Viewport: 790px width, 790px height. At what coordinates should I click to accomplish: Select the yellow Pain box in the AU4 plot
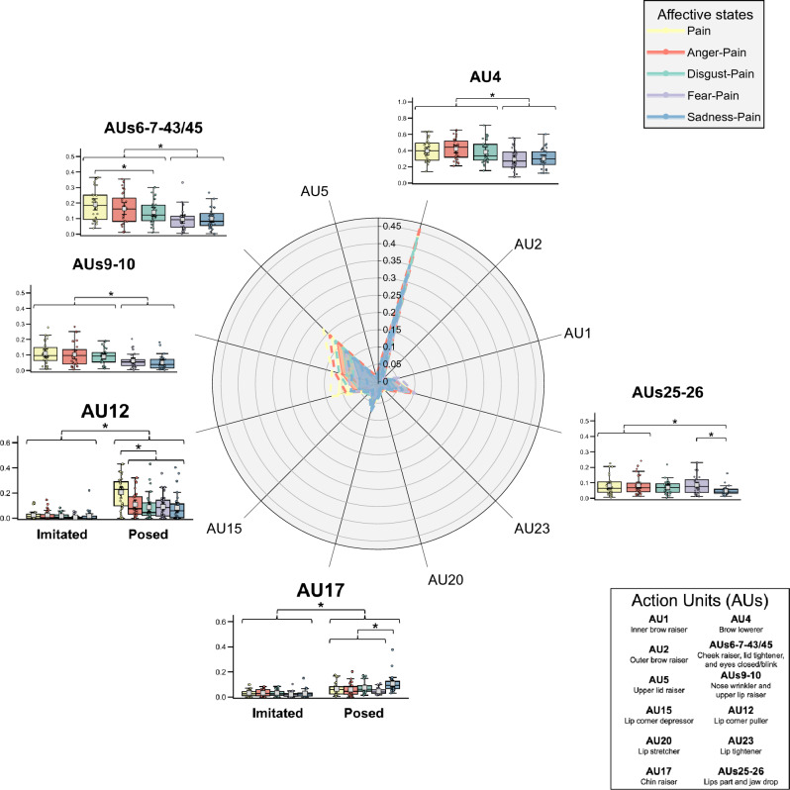point(426,151)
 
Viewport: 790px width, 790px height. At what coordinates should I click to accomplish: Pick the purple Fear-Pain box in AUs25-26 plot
point(696,484)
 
